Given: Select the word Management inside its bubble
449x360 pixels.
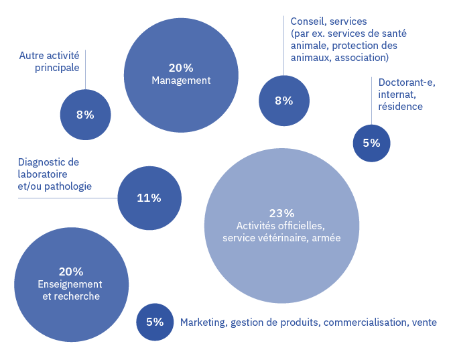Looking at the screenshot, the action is (x=181, y=80).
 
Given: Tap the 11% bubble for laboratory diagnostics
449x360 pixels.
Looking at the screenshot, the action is (x=149, y=198).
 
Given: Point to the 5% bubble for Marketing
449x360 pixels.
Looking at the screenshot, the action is (x=155, y=322).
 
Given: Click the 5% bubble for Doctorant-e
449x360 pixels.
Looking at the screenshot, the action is (x=371, y=143).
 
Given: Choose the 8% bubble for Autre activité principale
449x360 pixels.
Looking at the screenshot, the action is (x=85, y=115).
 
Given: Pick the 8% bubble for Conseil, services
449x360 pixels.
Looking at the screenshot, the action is (x=284, y=101).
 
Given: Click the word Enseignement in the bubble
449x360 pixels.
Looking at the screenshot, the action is (x=70, y=284).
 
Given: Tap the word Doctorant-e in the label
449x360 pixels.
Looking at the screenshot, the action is (x=407, y=82).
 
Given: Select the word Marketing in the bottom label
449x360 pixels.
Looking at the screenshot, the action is (x=204, y=322).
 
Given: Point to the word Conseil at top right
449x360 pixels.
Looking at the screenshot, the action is (x=309, y=21).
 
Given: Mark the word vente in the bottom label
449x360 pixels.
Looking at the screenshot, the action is (x=424, y=322).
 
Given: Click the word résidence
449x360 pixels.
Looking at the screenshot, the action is (x=400, y=107).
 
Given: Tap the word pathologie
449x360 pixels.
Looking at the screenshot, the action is (x=68, y=186).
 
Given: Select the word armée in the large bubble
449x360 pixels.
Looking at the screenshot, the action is (x=326, y=238).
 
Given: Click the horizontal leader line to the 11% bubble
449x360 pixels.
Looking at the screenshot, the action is (x=68, y=198).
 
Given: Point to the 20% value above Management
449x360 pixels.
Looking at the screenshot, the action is (x=181, y=68).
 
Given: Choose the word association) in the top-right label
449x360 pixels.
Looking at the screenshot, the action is (x=362, y=58).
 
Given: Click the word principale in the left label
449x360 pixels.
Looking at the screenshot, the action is (x=57, y=68).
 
